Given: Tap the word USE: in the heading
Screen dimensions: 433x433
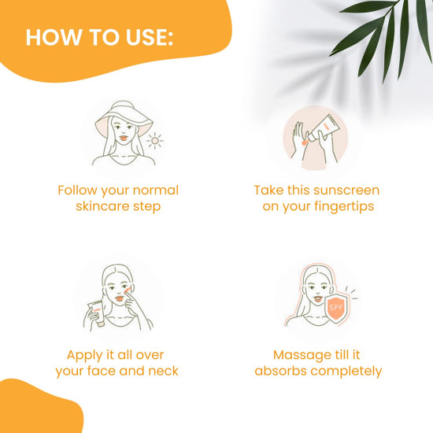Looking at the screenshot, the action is (150, 37).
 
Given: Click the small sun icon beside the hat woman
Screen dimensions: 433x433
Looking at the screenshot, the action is (155, 141).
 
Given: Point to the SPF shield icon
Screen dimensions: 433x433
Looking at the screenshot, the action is (336, 308).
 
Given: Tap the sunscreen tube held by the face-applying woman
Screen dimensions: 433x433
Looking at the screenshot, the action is (97, 313).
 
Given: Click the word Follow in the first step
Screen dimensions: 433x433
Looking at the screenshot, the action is (77, 191).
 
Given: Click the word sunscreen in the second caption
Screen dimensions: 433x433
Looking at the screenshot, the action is (346, 191).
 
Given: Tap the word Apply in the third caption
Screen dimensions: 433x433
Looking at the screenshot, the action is (85, 356).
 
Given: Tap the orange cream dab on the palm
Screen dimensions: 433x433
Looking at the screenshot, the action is (304, 142).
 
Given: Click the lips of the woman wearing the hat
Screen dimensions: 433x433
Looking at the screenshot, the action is (124, 137).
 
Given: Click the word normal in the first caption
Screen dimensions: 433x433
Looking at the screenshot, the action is (156, 191).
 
